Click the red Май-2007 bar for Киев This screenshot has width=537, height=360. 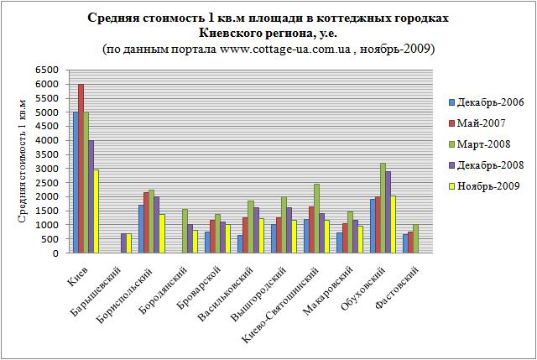(81, 169)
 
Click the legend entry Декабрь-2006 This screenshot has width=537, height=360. (490, 102)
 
